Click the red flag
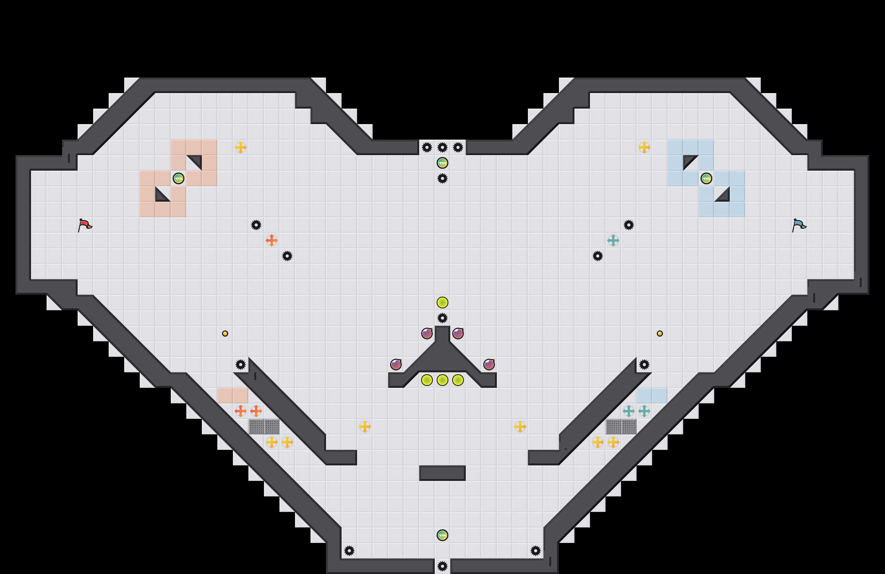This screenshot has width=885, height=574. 85,225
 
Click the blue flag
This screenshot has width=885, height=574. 799,225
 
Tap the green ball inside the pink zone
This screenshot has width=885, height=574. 179,178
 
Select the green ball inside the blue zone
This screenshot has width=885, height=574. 706,178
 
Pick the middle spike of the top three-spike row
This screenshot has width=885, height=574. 442,147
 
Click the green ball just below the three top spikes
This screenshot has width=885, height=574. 442,163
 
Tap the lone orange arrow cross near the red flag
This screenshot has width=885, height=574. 272,240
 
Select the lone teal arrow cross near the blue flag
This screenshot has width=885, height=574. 613,240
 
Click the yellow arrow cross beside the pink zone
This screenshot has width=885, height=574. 241,147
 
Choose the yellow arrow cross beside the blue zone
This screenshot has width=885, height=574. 644,147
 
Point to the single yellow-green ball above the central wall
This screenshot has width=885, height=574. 442,303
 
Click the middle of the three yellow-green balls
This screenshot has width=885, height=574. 442,380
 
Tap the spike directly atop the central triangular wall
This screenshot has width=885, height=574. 442,318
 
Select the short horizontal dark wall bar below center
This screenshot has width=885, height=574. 442,473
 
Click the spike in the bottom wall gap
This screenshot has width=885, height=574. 442,566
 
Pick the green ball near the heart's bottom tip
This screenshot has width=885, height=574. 442,535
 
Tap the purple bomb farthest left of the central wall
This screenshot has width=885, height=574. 396,365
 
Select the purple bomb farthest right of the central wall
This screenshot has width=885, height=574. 489,365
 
